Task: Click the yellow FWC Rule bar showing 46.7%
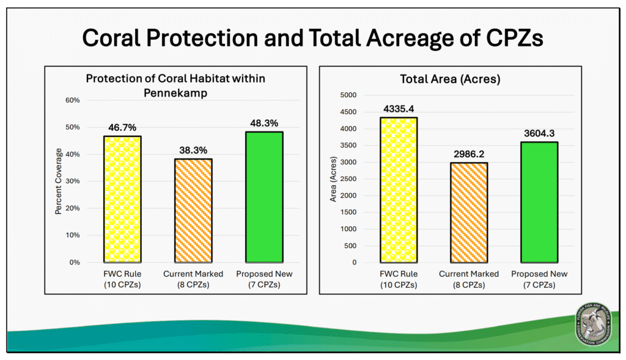pos(122,199)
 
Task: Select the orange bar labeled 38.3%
pos(193,210)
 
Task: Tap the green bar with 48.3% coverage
pos(264,197)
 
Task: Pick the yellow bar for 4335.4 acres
pos(399,189)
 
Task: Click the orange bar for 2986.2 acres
pos(469,212)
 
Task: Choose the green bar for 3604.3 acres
pos(539,202)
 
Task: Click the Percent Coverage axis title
pos(59,182)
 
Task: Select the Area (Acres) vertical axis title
pos(333,178)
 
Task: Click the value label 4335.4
pos(398,109)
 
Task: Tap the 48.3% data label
pos(264,123)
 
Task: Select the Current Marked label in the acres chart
pos(469,274)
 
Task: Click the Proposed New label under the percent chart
pos(264,274)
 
